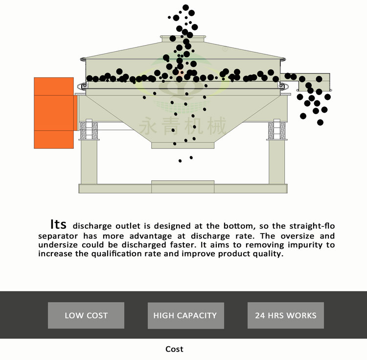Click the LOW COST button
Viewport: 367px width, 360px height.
(86, 315)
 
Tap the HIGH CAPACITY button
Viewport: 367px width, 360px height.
(185, 315)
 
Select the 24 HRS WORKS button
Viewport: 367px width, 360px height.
(286, 315)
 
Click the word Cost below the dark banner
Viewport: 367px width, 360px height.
(174, 349)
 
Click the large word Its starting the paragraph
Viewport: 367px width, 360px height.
(58, 224)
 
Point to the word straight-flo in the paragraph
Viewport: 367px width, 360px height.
(312, 226)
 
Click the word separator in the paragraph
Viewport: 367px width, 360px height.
(58, 236)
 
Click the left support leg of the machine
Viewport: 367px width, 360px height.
(89, 162)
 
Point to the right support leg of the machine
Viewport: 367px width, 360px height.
(276, 162)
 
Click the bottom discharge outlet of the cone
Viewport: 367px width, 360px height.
(183, 145)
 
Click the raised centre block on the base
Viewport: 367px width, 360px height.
(183, 187)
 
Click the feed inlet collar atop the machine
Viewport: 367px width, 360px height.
(183, 39)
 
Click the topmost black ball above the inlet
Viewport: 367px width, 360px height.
(185, 7)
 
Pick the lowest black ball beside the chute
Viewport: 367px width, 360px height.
(320, 122)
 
